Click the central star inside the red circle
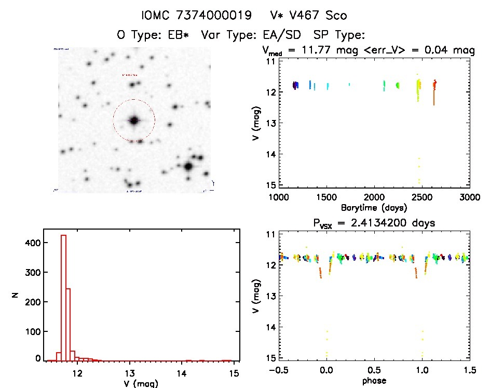tap(134, 121)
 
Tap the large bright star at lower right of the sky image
tap(188, 167)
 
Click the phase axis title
tap(374, 380)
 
